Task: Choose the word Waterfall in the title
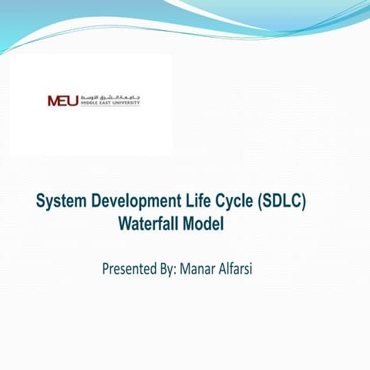(150, 225)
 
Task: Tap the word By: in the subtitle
(166, 270)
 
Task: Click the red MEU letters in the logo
(62, 100)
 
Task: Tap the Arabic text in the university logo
(109, 96)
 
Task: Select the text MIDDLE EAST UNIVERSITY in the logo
(109, 103)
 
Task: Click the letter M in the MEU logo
(53, 100)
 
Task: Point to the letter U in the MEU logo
(72, 100)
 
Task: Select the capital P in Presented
(106, 270)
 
